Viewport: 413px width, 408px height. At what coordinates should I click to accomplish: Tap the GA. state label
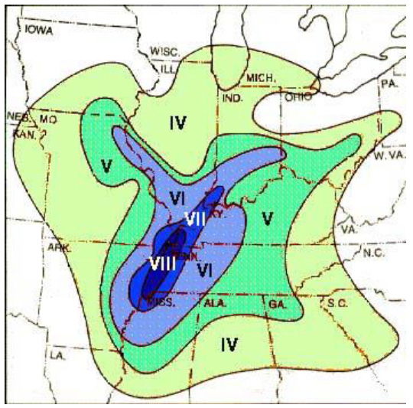pyautogui.click(x=277, y=304)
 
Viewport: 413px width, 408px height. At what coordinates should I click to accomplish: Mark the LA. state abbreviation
pyautogui.click(x=56, y=356)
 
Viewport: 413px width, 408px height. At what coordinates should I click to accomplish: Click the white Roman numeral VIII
pyautogui.click(x=162, y=263)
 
